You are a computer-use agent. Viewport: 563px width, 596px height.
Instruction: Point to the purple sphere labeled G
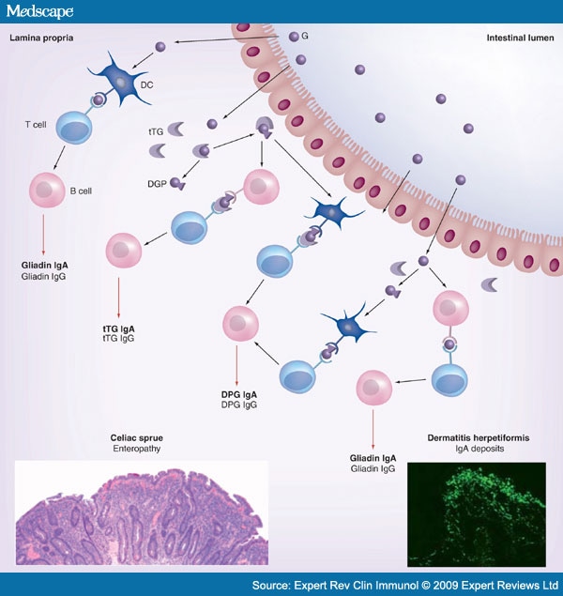tap(295, 37)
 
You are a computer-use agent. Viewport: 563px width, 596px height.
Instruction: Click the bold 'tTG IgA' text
tap(119, 329)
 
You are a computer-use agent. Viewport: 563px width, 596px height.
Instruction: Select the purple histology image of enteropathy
tap(141, 512)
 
